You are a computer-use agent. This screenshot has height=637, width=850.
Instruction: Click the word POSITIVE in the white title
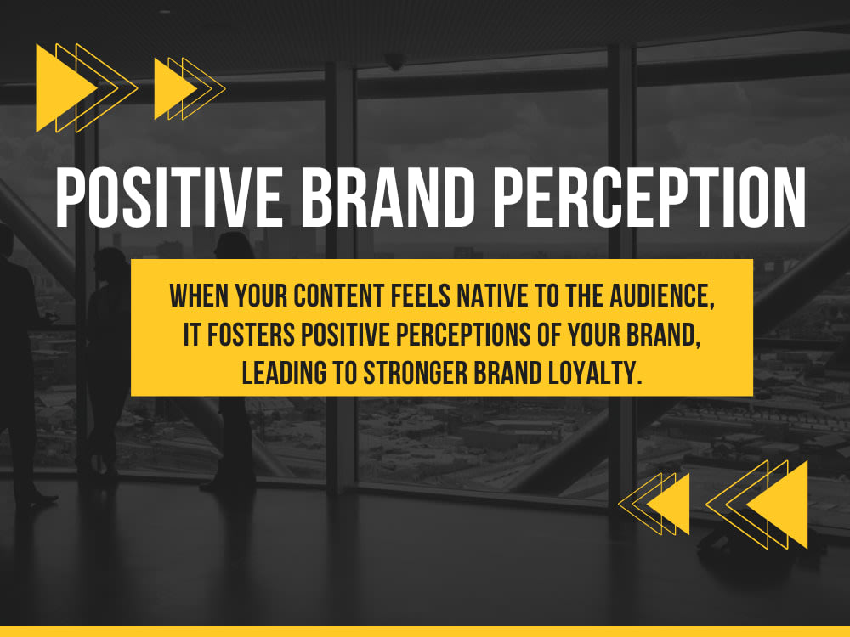click(x=168, y=197)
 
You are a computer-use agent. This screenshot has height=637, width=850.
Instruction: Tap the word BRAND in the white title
click(x=388, y=197)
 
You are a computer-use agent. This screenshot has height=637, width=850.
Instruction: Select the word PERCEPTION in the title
click(x=649, y=197)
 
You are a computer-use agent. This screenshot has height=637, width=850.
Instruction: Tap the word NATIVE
click(x=492, y=296)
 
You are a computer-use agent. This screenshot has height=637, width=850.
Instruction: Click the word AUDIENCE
click(x=662, y=296)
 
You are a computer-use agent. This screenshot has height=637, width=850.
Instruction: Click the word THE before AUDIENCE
click(x=585, y=296)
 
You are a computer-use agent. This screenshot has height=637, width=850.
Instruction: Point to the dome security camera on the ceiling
click(x=394, y=61)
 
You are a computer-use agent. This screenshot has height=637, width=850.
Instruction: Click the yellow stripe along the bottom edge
click(x=425, y=632)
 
